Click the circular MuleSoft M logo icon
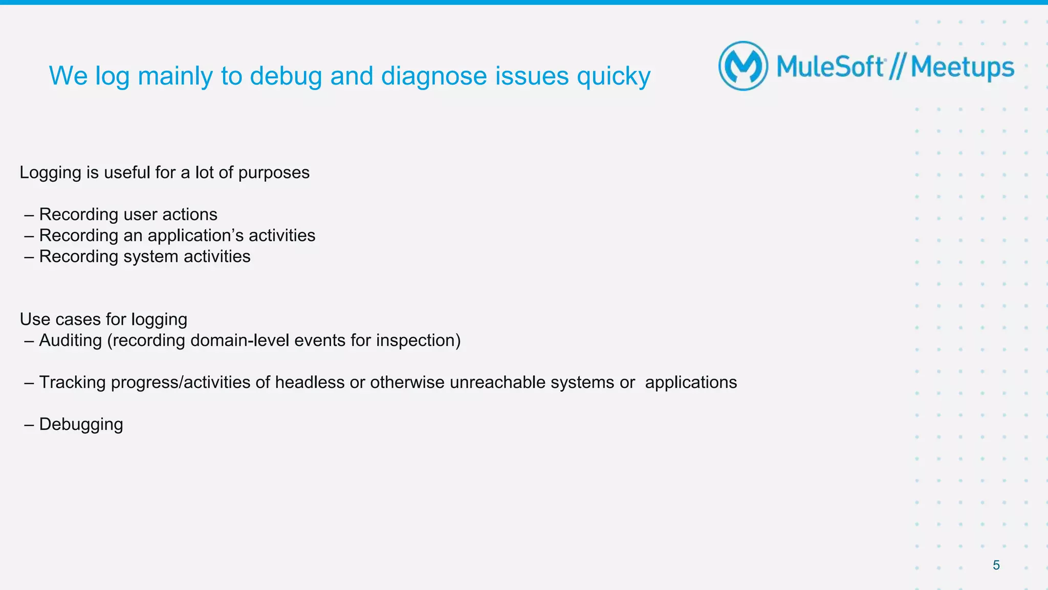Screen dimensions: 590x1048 pos(743,66)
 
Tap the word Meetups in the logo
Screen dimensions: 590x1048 pos(962,68)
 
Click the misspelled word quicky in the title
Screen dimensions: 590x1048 pos(614,77)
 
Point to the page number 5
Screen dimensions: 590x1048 pos(996,565)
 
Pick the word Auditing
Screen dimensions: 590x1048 pos(71,340)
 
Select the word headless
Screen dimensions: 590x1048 pos(310,382)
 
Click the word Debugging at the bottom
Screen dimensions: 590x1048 pos(81,425)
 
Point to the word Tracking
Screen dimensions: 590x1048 pos(72,383)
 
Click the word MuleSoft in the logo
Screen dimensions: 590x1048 pos(830,67)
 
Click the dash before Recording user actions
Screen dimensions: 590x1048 pos(29,215)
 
